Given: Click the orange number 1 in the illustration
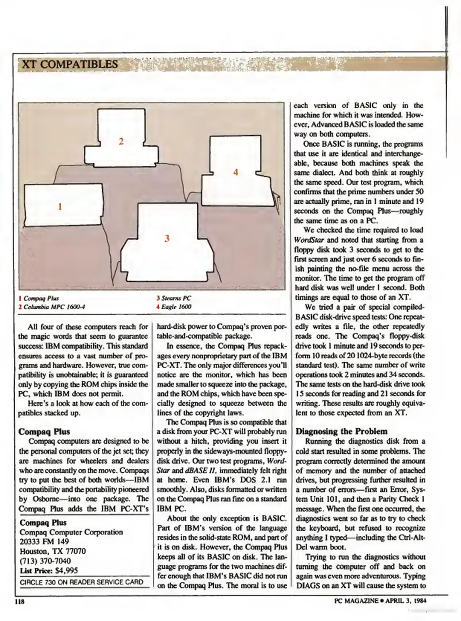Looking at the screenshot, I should (x=60, y=207).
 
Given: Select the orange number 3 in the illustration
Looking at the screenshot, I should (x=167, y=238).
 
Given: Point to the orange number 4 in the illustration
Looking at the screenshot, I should (x=236, y=172).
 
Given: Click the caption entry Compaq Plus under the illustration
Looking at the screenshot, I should (x=41, y=298).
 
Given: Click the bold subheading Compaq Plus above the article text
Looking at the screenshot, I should (x=44, y=432).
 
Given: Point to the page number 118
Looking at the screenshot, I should (x=20, y=601).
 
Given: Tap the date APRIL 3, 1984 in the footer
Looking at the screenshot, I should (x=406, y=601).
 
